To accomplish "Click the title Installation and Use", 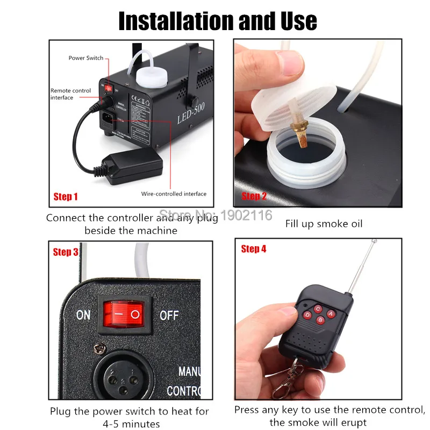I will [x=217, y=21].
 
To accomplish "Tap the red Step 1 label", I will [x=66, y=197].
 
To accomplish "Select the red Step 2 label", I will [x=254, y=196].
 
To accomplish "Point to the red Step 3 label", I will [x=66, y=252].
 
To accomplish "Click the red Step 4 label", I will [x=254, y=248].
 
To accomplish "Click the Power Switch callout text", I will [x=85, y=58].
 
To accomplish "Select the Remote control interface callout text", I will [x=70, y=94].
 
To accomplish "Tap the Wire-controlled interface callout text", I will [x=174, y=193].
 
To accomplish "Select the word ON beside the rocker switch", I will [x=83, y=314].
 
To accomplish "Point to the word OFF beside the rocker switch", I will [x=169, y=314].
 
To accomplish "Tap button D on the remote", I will [x=307, y=314].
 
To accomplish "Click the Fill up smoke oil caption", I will [x=324, y=224].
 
